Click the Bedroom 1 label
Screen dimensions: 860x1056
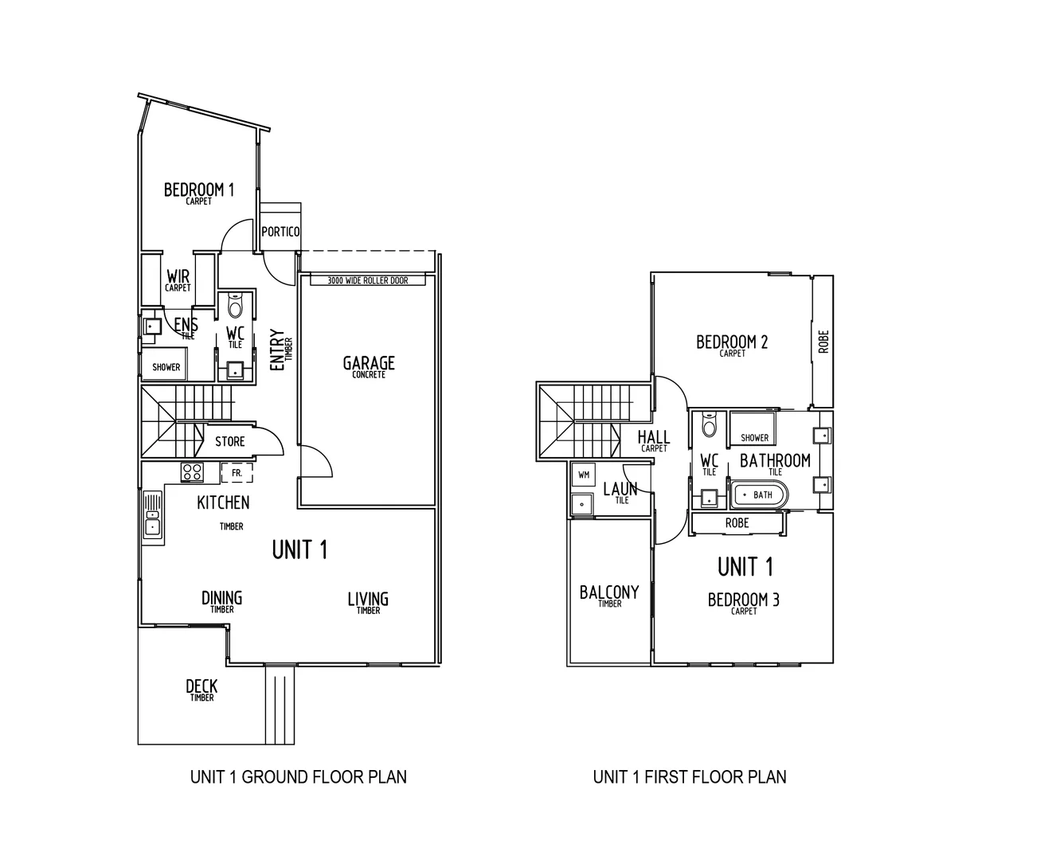coord(198,191)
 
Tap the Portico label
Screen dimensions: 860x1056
coord(280,232)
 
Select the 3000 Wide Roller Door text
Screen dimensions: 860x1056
coord(367,280)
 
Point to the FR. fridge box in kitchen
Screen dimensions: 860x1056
coord(237,472)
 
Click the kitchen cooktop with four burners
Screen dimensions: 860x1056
coord(191,471)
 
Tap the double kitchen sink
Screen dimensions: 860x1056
coord(152,517)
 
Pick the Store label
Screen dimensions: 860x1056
coord(229,441)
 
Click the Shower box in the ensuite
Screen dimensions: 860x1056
coord(166,367)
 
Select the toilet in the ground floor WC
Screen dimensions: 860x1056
coord(235,305)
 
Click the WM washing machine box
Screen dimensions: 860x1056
coord(584,475)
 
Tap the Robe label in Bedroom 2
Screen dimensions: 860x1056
coord(823,342)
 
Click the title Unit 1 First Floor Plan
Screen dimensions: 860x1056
coord(689,776)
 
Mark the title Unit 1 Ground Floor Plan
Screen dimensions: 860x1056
coord(298,776)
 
